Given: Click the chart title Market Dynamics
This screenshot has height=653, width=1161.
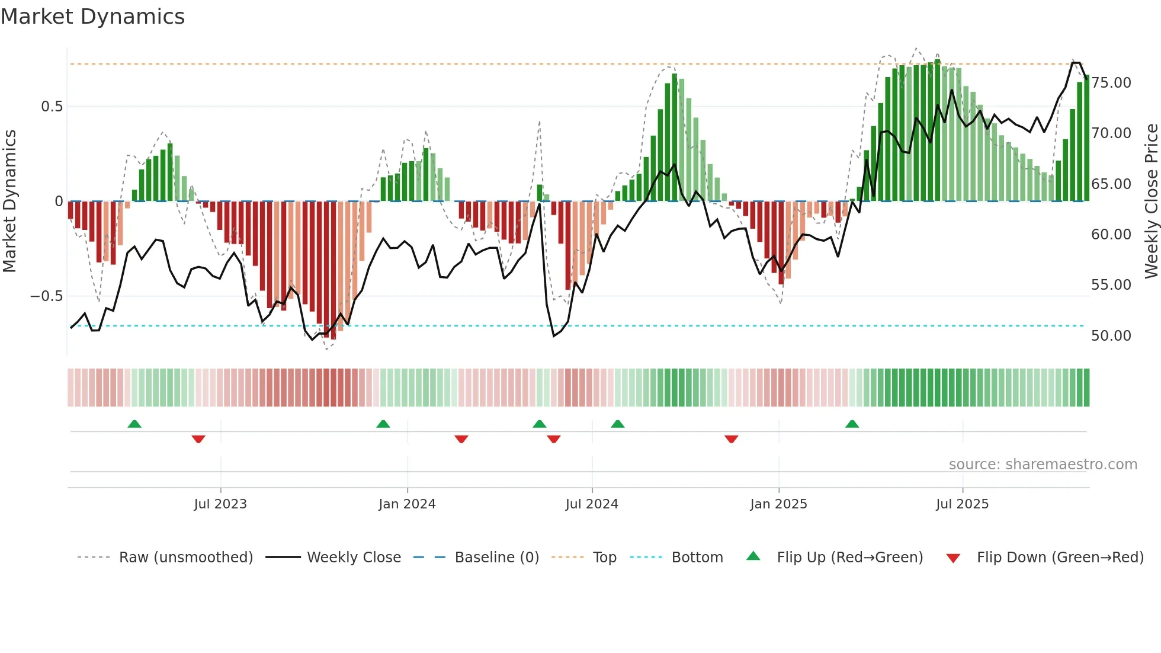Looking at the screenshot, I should pos(92,17).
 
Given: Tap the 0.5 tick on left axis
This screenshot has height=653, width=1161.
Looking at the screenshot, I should pos(52,107).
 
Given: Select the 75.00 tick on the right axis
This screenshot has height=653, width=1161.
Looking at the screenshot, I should pos(1111,83).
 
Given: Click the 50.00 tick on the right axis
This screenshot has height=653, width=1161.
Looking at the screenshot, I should pos(1111,336).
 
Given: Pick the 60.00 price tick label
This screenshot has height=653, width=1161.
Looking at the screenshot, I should pos(1111,235).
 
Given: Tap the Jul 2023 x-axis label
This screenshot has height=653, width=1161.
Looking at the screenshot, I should pos(220,504).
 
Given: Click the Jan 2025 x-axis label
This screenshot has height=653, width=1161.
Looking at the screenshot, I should pos(778,504).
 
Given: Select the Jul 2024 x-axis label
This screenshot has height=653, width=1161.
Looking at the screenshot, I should pos(592,504).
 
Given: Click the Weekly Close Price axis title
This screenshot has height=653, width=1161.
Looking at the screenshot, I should pos(1151,201).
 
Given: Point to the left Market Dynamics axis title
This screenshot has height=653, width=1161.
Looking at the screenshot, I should pos(9,201).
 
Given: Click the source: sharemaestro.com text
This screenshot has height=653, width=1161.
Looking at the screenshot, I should pos(1043,465).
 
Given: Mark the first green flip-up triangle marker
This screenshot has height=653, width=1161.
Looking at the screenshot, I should pos(134,424).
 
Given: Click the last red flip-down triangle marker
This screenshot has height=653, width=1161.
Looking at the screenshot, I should pos(731,439).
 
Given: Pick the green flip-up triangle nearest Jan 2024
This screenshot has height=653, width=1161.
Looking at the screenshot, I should pos(383,424).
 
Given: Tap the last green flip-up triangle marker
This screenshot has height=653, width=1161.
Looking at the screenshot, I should pos(852,424).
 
